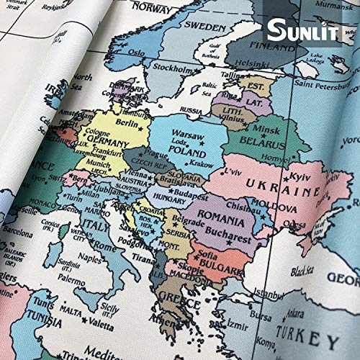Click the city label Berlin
click(126, 123)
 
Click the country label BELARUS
click(260, 140)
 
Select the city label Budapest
click(190, 195)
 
